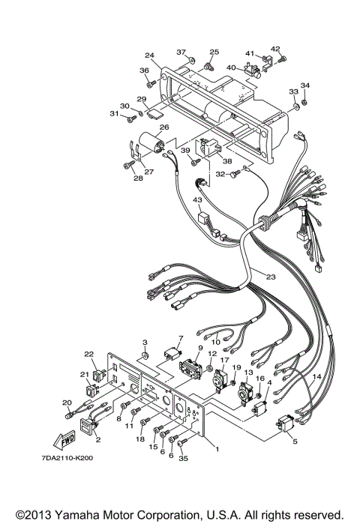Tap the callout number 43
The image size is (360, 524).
[197, 200]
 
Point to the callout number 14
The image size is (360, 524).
[316, 376]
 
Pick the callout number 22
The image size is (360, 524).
[88, 354]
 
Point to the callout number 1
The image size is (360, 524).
[217, 449]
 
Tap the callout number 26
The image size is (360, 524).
[163, 127]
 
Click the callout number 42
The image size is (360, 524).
[275, 49]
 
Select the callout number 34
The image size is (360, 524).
[304, 85]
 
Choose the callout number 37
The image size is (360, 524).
[181, 52]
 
